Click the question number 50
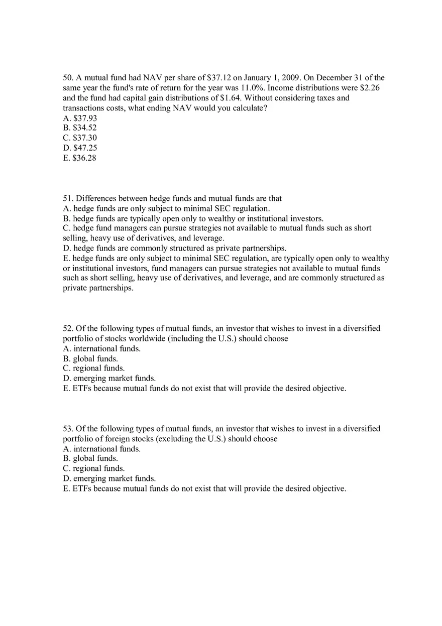coord(68,78)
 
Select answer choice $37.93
coord(80,118)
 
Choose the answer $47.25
coord(80,148)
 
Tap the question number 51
coord(68,199)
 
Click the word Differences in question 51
coord(94,199)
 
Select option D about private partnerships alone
coord(174,248)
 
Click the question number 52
coord(68,328)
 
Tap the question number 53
coord(68,429)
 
